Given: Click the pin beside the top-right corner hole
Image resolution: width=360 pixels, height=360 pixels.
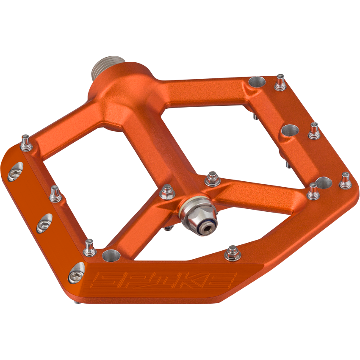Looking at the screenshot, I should pos(280,83).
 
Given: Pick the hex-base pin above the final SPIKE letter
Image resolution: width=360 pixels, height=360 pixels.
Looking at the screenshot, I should pos(232,253).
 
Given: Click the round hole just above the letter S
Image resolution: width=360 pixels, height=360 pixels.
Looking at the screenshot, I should pos(111,255).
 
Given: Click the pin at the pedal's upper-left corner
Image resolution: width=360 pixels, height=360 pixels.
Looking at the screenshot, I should pos(27,142).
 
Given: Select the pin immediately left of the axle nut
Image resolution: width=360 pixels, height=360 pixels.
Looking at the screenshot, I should pos(167,192).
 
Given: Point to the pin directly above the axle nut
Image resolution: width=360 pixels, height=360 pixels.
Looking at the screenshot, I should pos(212,179).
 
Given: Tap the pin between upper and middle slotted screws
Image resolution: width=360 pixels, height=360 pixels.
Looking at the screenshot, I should pos(55,194).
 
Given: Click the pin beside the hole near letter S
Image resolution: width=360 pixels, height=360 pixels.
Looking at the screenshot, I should pos(90,248).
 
